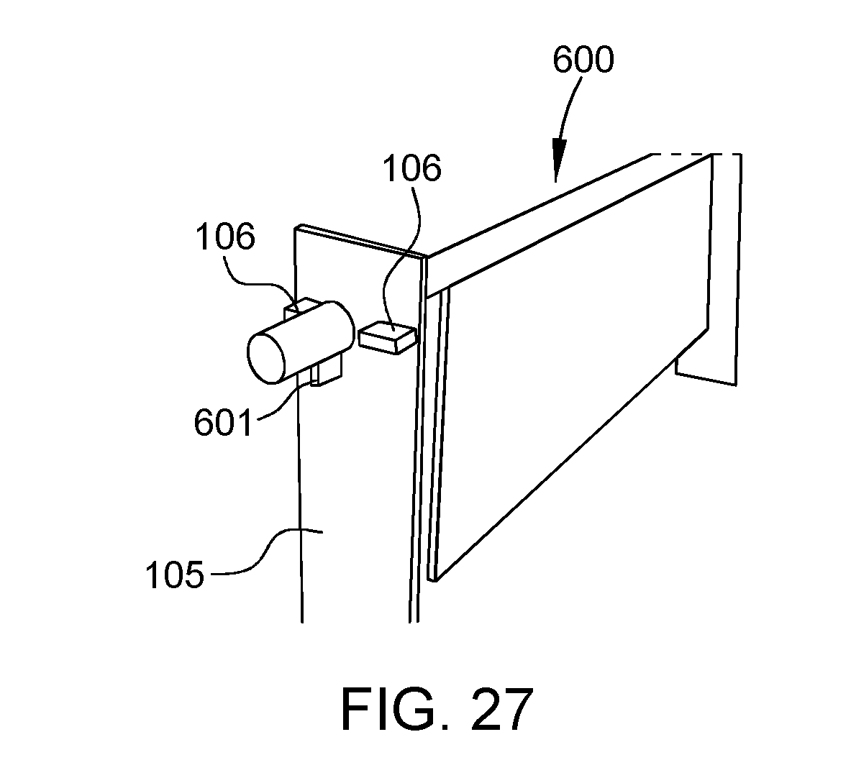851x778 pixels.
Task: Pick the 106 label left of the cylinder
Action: tap(225, 237)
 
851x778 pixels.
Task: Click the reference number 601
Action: tap(224, 423)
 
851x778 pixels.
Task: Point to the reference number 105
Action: tap(175, 575)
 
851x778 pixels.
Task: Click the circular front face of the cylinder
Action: tap(266, 358)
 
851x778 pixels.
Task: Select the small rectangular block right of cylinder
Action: tap(386, 338)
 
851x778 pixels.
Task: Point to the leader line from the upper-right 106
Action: tap(401, 255)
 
